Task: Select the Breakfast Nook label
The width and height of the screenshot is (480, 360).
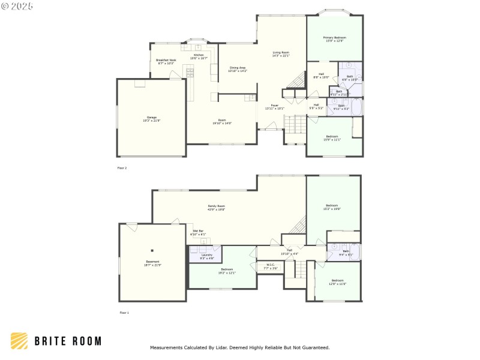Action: [166, 61]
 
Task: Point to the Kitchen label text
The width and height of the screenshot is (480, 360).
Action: [199, 56]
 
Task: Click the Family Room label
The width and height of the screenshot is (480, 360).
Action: [217, 207]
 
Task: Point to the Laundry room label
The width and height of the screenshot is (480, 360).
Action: [206, 256]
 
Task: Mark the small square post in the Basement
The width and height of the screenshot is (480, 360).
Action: [152, 250]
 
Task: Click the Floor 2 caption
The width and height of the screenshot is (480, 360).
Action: [122, 168]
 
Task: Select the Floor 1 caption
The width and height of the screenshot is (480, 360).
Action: [124, 313]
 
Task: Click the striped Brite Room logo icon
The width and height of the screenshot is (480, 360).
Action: [19, 341]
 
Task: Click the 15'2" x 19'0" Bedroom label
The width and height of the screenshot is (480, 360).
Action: [332, 207]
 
